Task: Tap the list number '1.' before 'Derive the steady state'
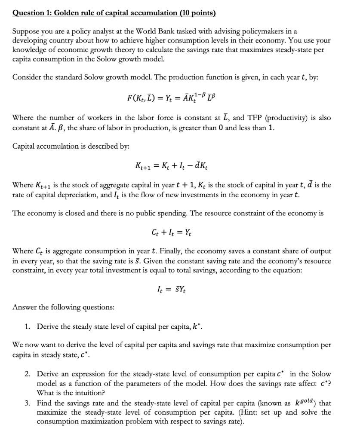tap(27, 327)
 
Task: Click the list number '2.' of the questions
tap(27, 374)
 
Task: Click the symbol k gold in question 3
tap(305, 403)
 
